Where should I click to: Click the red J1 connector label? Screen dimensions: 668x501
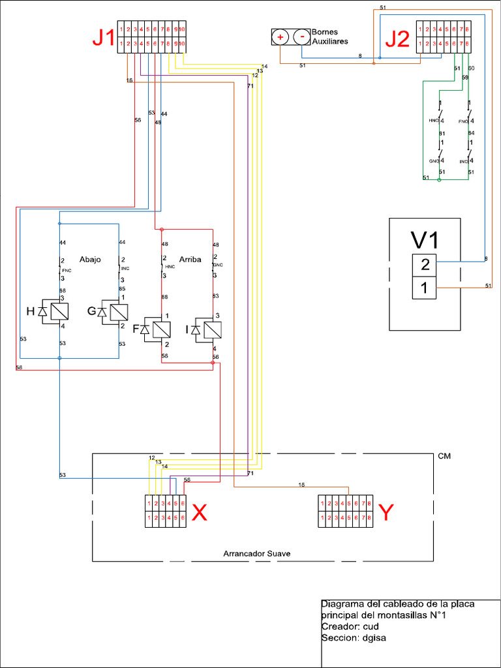tap(102, 38)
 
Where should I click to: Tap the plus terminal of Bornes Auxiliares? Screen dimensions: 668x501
tap(281, 37)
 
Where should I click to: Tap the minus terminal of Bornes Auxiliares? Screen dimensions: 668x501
tap(301, 37)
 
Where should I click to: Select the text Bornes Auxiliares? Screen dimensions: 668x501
tap(329, 37)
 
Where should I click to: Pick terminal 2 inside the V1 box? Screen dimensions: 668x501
tap(425, 266)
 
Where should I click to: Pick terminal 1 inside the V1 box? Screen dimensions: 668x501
tap(425, 288)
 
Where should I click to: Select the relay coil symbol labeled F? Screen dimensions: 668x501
tap(157, 329)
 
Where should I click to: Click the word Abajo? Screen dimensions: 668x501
tap(90, 259)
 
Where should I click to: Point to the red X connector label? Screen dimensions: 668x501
tap(200, 514)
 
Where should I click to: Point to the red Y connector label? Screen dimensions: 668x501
tap(386, 514)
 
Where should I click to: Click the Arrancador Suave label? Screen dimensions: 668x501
tap(256, 553)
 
